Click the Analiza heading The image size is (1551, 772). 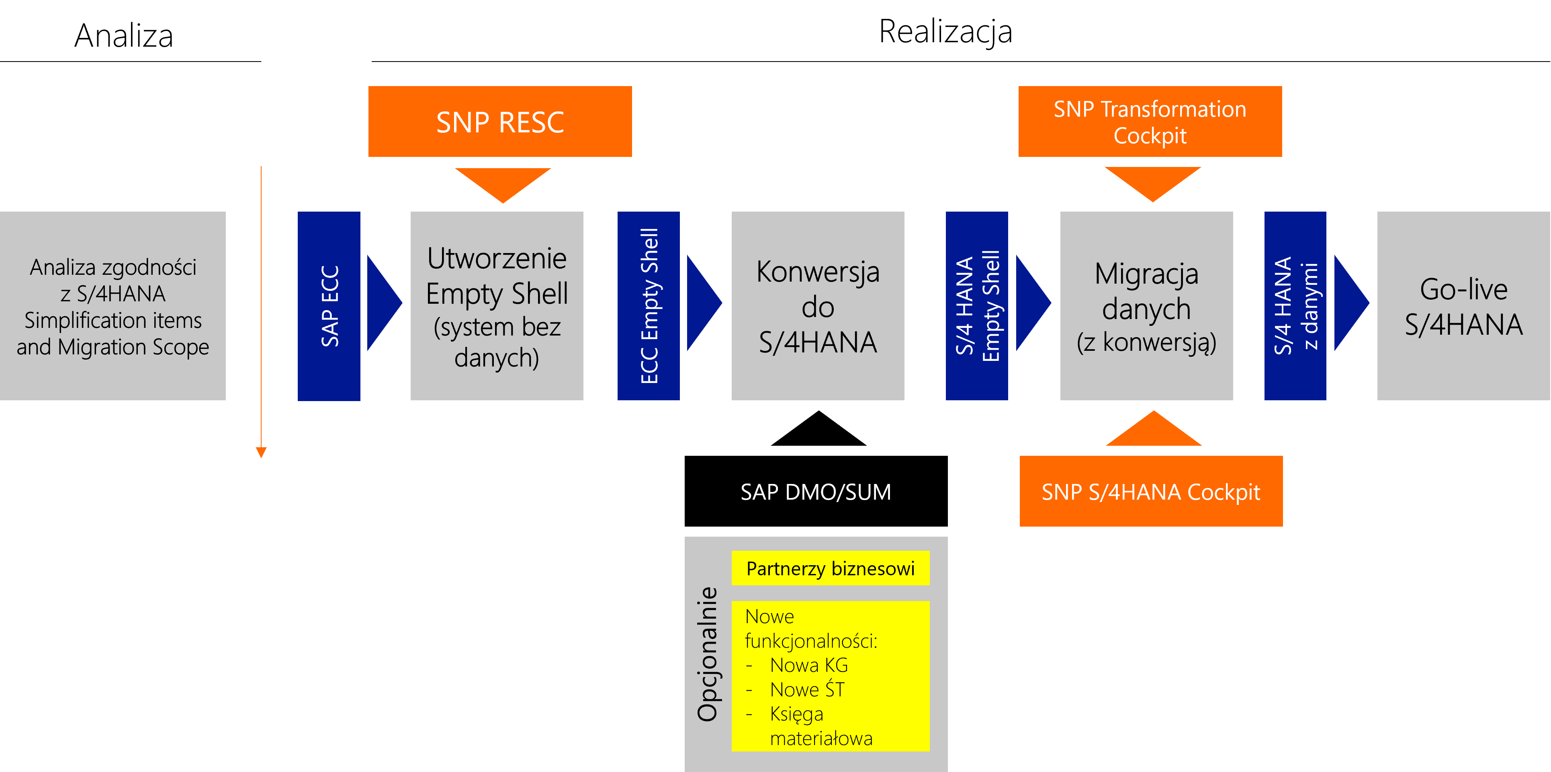[x=124, y=35]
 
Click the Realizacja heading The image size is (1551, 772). [x=945, y=32]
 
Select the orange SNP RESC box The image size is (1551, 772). [x=500, y=122]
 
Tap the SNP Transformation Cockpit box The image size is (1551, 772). [x=1150, y=122]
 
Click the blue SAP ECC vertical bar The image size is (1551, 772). [x=329, y=306]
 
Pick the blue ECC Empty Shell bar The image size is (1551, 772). [x=649, y=306]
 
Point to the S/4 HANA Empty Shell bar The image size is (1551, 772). [x=976, y=306]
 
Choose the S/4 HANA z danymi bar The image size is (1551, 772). [x=1295, y=306]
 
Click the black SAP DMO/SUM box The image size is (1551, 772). [x=816, y=491]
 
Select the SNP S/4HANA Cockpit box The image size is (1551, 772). [x=1151, y=491]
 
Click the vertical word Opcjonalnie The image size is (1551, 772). [x=708, y=654]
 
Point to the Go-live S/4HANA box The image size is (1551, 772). [x=1464, y=306]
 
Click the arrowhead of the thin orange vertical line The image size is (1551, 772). [x=261, y=453]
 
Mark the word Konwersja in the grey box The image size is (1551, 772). [x=818, y=272]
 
